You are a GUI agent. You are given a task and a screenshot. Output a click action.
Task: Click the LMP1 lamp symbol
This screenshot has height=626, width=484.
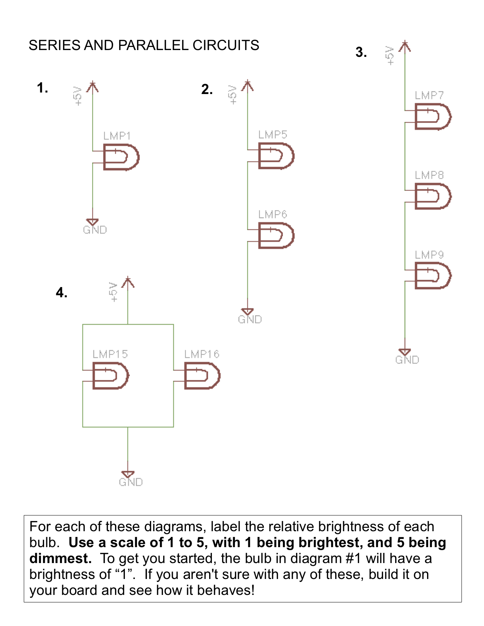(121, 157)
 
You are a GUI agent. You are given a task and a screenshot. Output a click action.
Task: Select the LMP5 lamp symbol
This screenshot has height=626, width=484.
(276, 156)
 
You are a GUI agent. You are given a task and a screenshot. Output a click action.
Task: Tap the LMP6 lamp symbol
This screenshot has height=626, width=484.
(276, 235)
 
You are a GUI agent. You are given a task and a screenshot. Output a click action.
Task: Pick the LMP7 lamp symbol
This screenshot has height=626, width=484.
(433, 116)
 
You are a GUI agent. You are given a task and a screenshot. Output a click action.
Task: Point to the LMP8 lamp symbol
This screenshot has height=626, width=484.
(433, 196)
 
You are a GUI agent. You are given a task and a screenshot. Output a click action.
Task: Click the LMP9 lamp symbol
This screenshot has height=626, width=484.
(433, 276)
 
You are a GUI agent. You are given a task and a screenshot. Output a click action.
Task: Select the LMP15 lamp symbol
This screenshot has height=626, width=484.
(111, 376)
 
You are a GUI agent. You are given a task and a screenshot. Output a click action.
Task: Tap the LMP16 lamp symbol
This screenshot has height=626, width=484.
(202, 376)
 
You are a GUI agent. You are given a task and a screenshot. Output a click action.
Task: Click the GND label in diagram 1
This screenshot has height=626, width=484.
(95, 230)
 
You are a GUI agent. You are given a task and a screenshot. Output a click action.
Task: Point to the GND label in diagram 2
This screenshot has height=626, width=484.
(250, 320)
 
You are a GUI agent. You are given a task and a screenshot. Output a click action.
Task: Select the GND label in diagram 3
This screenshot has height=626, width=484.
(407, 360)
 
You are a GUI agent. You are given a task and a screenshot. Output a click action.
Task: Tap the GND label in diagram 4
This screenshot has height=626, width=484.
(131, 482)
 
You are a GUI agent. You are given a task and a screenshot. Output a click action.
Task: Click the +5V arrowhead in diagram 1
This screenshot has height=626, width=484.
(93, 87)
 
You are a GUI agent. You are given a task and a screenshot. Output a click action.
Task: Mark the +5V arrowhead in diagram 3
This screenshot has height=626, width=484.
(405, 46)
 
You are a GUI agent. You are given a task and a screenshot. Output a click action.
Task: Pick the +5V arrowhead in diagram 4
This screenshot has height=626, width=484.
(128, 282)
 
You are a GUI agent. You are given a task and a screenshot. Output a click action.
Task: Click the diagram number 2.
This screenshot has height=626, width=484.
(207, 89)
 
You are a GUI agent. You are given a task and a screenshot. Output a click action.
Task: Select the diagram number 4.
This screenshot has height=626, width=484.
(61, 292)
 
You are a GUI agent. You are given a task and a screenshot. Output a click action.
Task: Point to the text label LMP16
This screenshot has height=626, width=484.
(202, 354)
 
